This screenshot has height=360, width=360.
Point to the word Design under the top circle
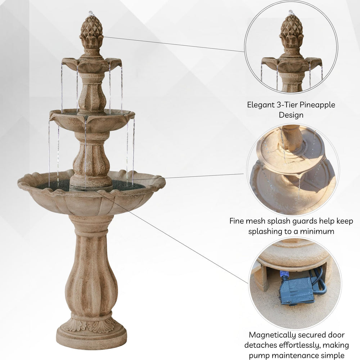(291, 115)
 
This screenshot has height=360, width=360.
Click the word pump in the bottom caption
(259, 356)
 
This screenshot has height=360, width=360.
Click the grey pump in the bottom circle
(296, 291)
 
